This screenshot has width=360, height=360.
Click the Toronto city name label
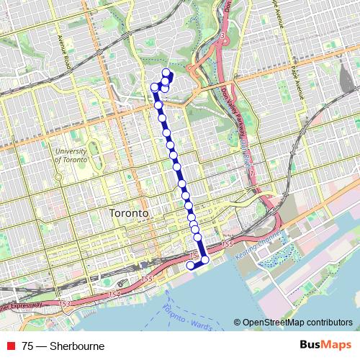(129, 215)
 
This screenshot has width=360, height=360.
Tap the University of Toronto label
(71, 156)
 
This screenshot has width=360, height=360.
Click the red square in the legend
(10, 346)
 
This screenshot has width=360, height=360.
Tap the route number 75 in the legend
(27, 346)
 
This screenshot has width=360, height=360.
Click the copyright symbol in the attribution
(237, 323)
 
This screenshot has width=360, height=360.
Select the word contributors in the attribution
(328, 323)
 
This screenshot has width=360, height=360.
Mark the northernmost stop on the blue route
(166, 71)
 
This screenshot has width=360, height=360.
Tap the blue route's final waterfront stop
(191, 265)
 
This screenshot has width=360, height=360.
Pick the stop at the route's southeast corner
(204, 259)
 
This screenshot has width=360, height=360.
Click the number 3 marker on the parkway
(224, 35)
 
